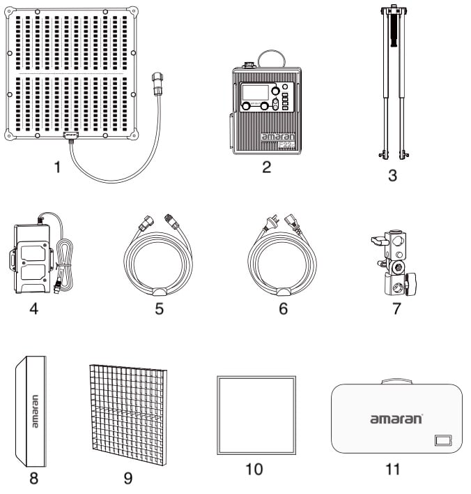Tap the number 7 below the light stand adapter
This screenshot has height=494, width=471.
pyautogui.click(x=396, y=308)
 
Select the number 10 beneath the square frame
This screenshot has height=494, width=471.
pyautogui.click(x=254, y=469)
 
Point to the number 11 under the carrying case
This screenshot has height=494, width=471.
pyautogui.click(x=393, y=469)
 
